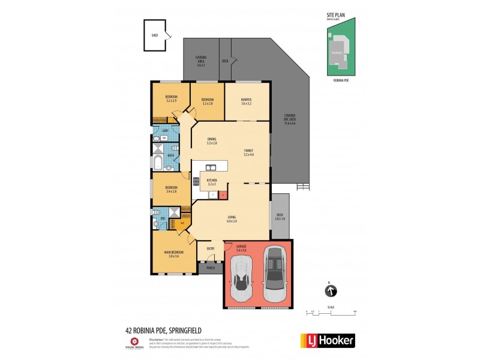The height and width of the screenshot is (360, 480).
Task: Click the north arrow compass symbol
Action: pos(330,292)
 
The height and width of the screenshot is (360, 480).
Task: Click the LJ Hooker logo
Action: pos(327,340)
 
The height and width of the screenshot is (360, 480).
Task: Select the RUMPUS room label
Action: pos(246,101)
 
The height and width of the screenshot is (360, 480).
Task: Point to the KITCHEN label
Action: pos(211,181)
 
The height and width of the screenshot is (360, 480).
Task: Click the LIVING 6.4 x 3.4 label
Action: pos(231,218)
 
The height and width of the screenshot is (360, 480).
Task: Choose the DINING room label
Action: pos(211,141)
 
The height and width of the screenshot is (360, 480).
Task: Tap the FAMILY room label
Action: pos(248,152)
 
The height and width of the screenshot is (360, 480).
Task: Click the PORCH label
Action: pos(211,268)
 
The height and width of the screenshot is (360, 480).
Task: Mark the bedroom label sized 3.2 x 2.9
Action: pos(171,99)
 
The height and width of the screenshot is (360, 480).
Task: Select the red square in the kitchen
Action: pos(223,195)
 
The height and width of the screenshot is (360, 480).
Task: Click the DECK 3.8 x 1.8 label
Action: pos(280,217)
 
